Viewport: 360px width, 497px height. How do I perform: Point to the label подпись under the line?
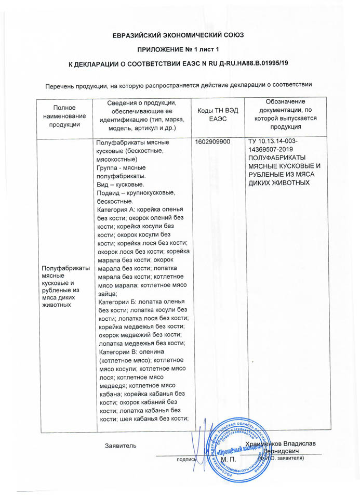click(186, 460)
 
